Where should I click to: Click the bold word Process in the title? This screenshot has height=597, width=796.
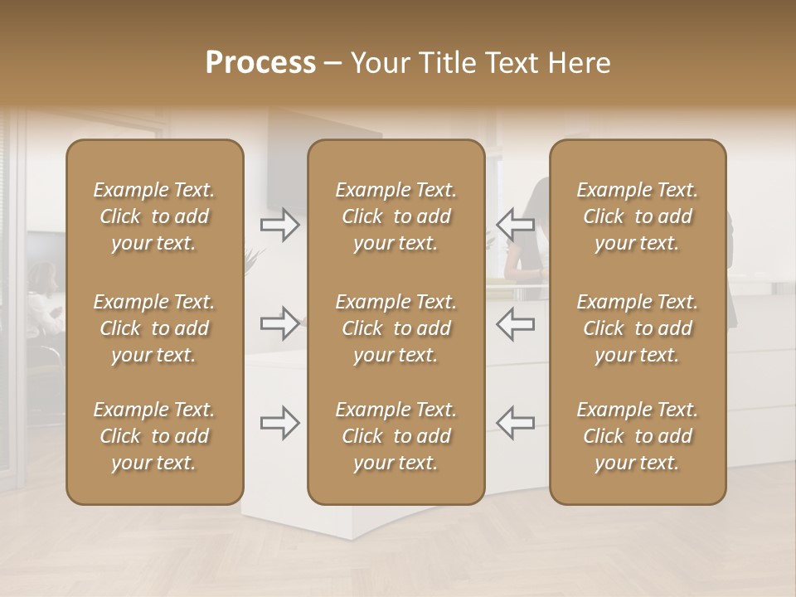(x=260, y=63)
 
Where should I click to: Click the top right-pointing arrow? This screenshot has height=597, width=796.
(x=280, y=224)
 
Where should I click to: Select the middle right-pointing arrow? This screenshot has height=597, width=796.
(x=280, y=323)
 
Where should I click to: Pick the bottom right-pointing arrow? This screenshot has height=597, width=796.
(x=280, y=423)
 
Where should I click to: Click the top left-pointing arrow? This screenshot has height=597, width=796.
(x=515, y=224)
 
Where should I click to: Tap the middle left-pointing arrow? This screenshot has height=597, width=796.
(x=515, y=323)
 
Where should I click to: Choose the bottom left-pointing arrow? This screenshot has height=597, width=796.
(x=515, y=423)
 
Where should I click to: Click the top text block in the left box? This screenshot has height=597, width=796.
(x=154, y=216)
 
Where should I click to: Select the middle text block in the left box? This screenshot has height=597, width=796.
(x=154, y=328)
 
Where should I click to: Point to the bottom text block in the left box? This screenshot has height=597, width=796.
(x=154, y=436)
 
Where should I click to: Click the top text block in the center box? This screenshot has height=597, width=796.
(x=396, y=216)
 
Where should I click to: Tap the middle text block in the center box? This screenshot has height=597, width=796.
(x=396, y=328)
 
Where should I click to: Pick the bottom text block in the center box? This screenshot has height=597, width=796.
(x=396, y=436)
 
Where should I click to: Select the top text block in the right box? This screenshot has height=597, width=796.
(x=638, y=216)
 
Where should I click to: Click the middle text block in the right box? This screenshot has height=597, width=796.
(x=638, y=328)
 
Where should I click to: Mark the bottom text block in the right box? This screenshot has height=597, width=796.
(x=638, y=436)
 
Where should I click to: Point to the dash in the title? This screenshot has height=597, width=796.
(x=333, y=64)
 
